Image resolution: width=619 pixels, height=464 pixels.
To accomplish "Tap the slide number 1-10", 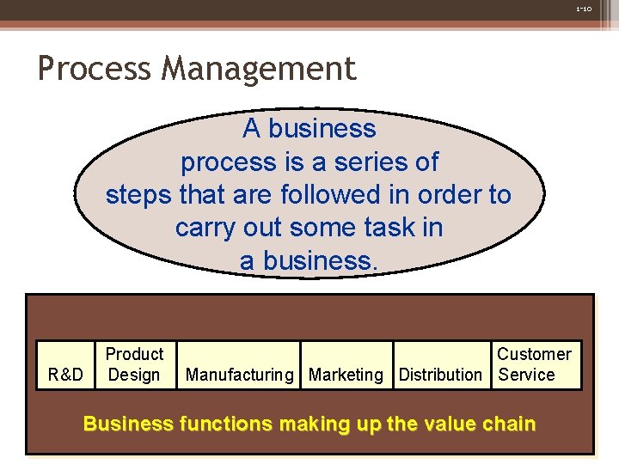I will pyautogui.click(x=584, y=9).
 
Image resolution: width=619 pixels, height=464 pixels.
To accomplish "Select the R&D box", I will pyautogui.click(x=66, y=375).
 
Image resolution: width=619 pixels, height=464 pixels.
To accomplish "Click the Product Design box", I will pyautogui.click(x=134, y=365).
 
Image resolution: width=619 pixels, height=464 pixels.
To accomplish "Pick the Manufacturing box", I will pyautogui.click(x=239, y=375).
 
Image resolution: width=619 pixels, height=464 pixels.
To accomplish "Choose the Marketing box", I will pyautogui.click(x=346, y=375).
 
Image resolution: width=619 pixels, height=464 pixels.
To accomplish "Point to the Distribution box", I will pyautogui.click(x=440, y=375).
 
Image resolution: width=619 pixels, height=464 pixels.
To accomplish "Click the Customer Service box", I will pyautogui.click(x=534, y=365).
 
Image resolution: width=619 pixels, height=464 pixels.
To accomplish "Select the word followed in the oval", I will pyautogui.click(x=331, y=195).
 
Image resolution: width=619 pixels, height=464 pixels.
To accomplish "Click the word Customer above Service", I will pyautogui.click(x=534, y=354).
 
